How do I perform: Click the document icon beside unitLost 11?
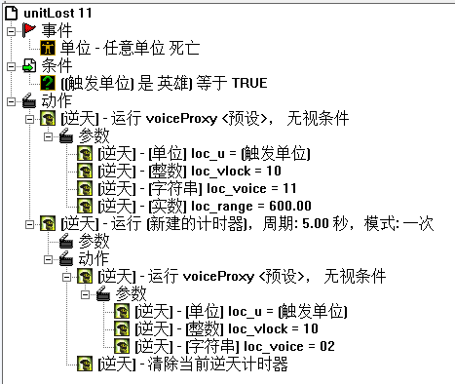point(13,12)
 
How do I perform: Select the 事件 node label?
point(43,29)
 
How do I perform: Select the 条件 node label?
point(43,65)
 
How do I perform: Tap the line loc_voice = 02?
point(234,347)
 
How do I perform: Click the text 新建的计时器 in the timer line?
point(180,223)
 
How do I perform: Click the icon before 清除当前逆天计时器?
point(86,365)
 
